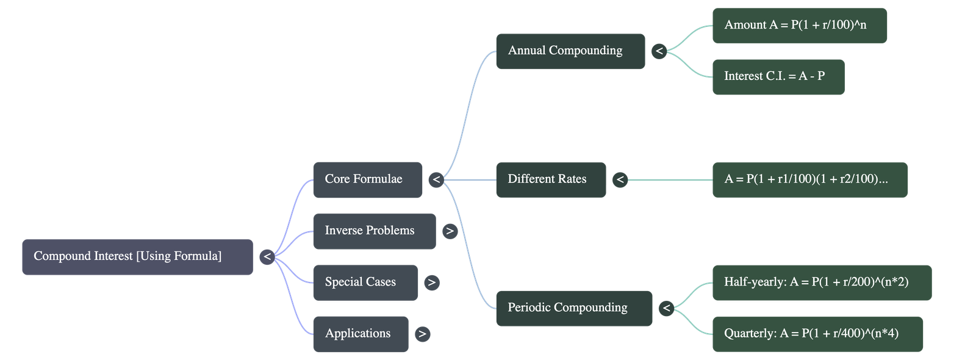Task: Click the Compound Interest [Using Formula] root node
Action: coord(137,257)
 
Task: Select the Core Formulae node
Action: coord(367,179)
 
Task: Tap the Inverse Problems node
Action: coord(374,231)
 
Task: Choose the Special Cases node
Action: coord(365,283)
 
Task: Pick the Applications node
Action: coord(360,334)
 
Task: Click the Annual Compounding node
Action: coord(570,51)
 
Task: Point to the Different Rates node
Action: coord(551,179)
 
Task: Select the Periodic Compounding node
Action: coord(573,308)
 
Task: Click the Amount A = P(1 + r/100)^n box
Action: coord(799,26)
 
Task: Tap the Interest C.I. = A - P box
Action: coord(778,77)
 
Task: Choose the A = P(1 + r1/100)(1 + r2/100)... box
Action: coord(809,179)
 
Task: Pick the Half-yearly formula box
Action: coord(821,283)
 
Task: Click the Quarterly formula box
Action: coord(817,334)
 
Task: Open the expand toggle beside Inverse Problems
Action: coord(450,231)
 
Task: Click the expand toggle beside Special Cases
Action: coord(431,283)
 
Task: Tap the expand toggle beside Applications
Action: coord(422,334)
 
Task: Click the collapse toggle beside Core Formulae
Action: coord(436,179)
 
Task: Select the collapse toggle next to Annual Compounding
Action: coord(659,51)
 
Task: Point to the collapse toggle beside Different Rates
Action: coord(620,179)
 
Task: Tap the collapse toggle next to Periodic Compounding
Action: coord(666,308)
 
